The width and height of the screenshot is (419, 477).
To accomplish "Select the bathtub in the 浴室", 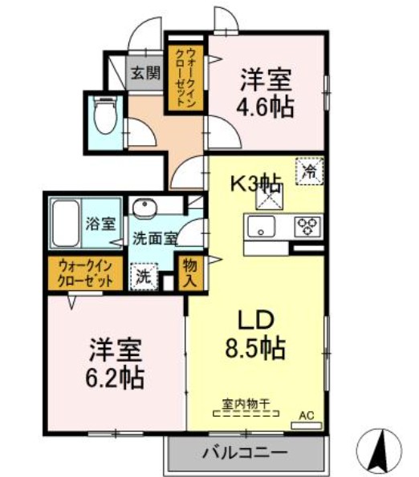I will coord(65,223).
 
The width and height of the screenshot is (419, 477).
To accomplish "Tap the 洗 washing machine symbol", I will coord(143,277).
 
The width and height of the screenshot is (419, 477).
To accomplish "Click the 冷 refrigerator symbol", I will coord(309,171).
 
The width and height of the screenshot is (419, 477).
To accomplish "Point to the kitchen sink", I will coord(262,227).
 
